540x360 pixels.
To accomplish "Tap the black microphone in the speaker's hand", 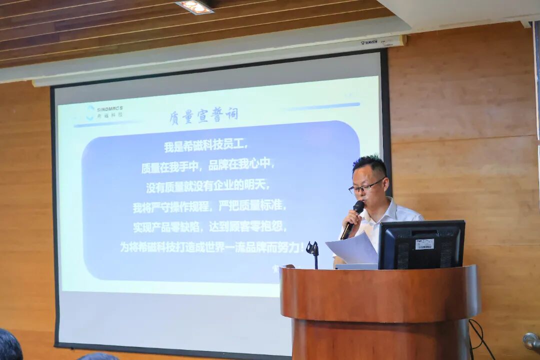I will click(x=353, y=218).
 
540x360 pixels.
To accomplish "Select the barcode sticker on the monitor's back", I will click(x=424, y=244).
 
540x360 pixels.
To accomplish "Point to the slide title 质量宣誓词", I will click(x=203, y=115).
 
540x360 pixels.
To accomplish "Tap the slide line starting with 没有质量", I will click(x=207, y=186).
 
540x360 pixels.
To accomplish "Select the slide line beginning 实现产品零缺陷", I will click(x=210, y=226).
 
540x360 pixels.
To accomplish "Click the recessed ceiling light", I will click(x=195, y=6).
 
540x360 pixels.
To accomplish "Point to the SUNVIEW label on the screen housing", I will click(x=370, y=42).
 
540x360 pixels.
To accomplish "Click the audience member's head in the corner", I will click(x=10, y=345).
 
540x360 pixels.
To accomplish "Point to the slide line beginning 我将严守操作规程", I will click(x=209, y=206).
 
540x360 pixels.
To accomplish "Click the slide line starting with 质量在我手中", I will click(x=207, y=166).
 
